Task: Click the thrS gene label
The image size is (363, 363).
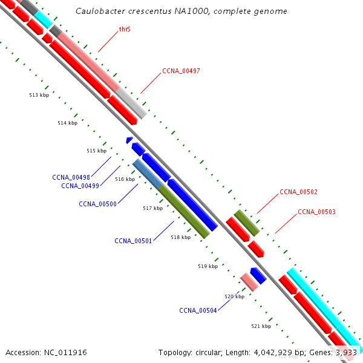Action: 125,28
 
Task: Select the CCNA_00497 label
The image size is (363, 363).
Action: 181,71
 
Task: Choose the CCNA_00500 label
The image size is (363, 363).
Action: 97,204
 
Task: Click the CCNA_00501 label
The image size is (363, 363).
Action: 133,241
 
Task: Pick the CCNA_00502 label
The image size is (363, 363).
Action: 298,192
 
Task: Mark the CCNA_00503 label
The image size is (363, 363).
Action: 316,212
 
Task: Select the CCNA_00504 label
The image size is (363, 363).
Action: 198,310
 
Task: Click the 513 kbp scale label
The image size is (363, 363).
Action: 39,95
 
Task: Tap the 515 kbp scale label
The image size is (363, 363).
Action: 96,151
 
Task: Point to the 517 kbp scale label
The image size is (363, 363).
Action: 152,208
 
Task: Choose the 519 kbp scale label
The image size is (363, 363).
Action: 208,266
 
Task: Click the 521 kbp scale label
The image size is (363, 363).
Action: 261,326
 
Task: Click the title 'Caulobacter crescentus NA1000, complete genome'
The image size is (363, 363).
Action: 181,11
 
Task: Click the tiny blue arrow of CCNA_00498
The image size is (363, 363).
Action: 129,140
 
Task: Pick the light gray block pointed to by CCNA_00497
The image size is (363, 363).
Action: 132,103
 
